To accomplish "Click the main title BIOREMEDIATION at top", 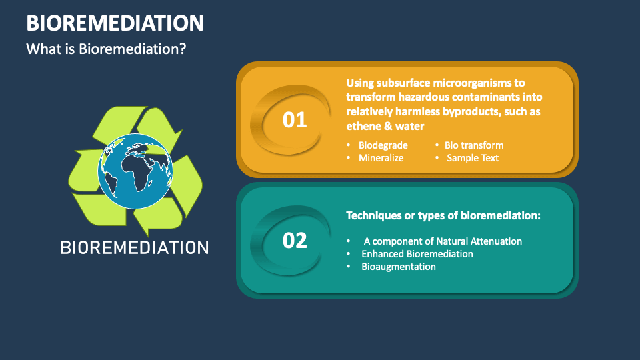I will point(115,23).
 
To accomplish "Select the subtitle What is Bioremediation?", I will point(106,49).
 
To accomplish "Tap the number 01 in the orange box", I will point(295,120).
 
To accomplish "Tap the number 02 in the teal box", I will point(295,240).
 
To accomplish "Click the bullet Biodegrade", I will point(383,145).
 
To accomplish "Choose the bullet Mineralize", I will point(381,158).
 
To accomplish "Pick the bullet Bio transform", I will point(474,145).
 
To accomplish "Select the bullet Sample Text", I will point(473,158).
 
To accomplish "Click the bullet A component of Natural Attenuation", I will point(443,241).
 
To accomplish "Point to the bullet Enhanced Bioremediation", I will point(417,254).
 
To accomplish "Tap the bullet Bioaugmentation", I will point(399,267).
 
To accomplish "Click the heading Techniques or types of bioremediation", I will point(443,215).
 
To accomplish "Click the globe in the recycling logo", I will point(134,171).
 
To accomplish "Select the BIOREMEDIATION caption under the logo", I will point(135,247).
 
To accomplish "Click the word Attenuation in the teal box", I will point(496,241).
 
